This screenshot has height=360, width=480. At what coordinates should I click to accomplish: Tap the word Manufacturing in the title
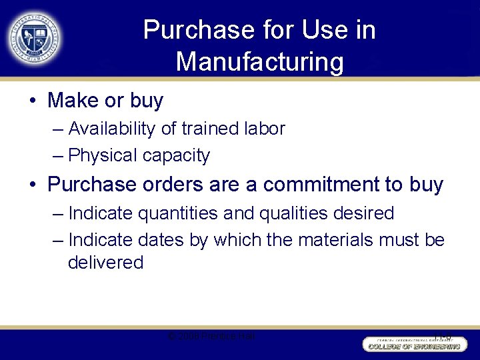[x=260, y=62]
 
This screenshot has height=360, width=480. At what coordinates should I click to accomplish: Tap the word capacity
[x=177, y=156]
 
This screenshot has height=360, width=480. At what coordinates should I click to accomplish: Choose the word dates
[x=161, y=239]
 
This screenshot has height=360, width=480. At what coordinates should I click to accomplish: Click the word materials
[x=332, y=239]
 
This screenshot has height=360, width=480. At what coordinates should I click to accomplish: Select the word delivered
[x=105, y=263]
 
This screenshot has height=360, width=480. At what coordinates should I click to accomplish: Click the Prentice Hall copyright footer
[x=211, y=336]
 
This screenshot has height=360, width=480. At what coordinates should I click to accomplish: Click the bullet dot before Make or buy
[x=32, y=101]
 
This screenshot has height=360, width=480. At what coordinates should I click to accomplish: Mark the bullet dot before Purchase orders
[x=32, y=185]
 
